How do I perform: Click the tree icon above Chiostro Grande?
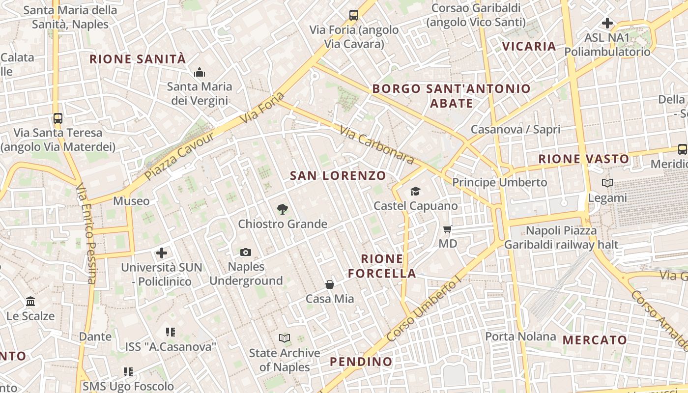pos(282,210)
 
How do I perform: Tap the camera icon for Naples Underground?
pos(246,253)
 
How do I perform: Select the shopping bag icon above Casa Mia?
pos(330,284)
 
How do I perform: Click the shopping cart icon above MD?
pos(447,229)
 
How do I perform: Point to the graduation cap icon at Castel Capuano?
pos(416,191)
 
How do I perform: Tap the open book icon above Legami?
pos(607,183)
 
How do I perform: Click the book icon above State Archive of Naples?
pos(285,338)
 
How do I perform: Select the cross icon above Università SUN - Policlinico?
pos(162,253)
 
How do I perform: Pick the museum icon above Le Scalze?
pos(30,301)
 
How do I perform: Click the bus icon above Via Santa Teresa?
pos(58,118)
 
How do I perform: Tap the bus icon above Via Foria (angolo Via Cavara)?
pos(354,15)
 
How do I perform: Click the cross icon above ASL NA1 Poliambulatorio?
pos(607,23)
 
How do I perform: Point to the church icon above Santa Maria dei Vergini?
pos(200,73)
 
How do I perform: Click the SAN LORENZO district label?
pos(338,176)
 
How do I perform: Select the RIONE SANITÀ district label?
pos(138,59)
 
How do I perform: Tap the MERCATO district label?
pos(595,340)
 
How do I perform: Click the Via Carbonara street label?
pos(377,145)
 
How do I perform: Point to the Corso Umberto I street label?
pos(424,309)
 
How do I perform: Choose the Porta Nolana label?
pos(520,337)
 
